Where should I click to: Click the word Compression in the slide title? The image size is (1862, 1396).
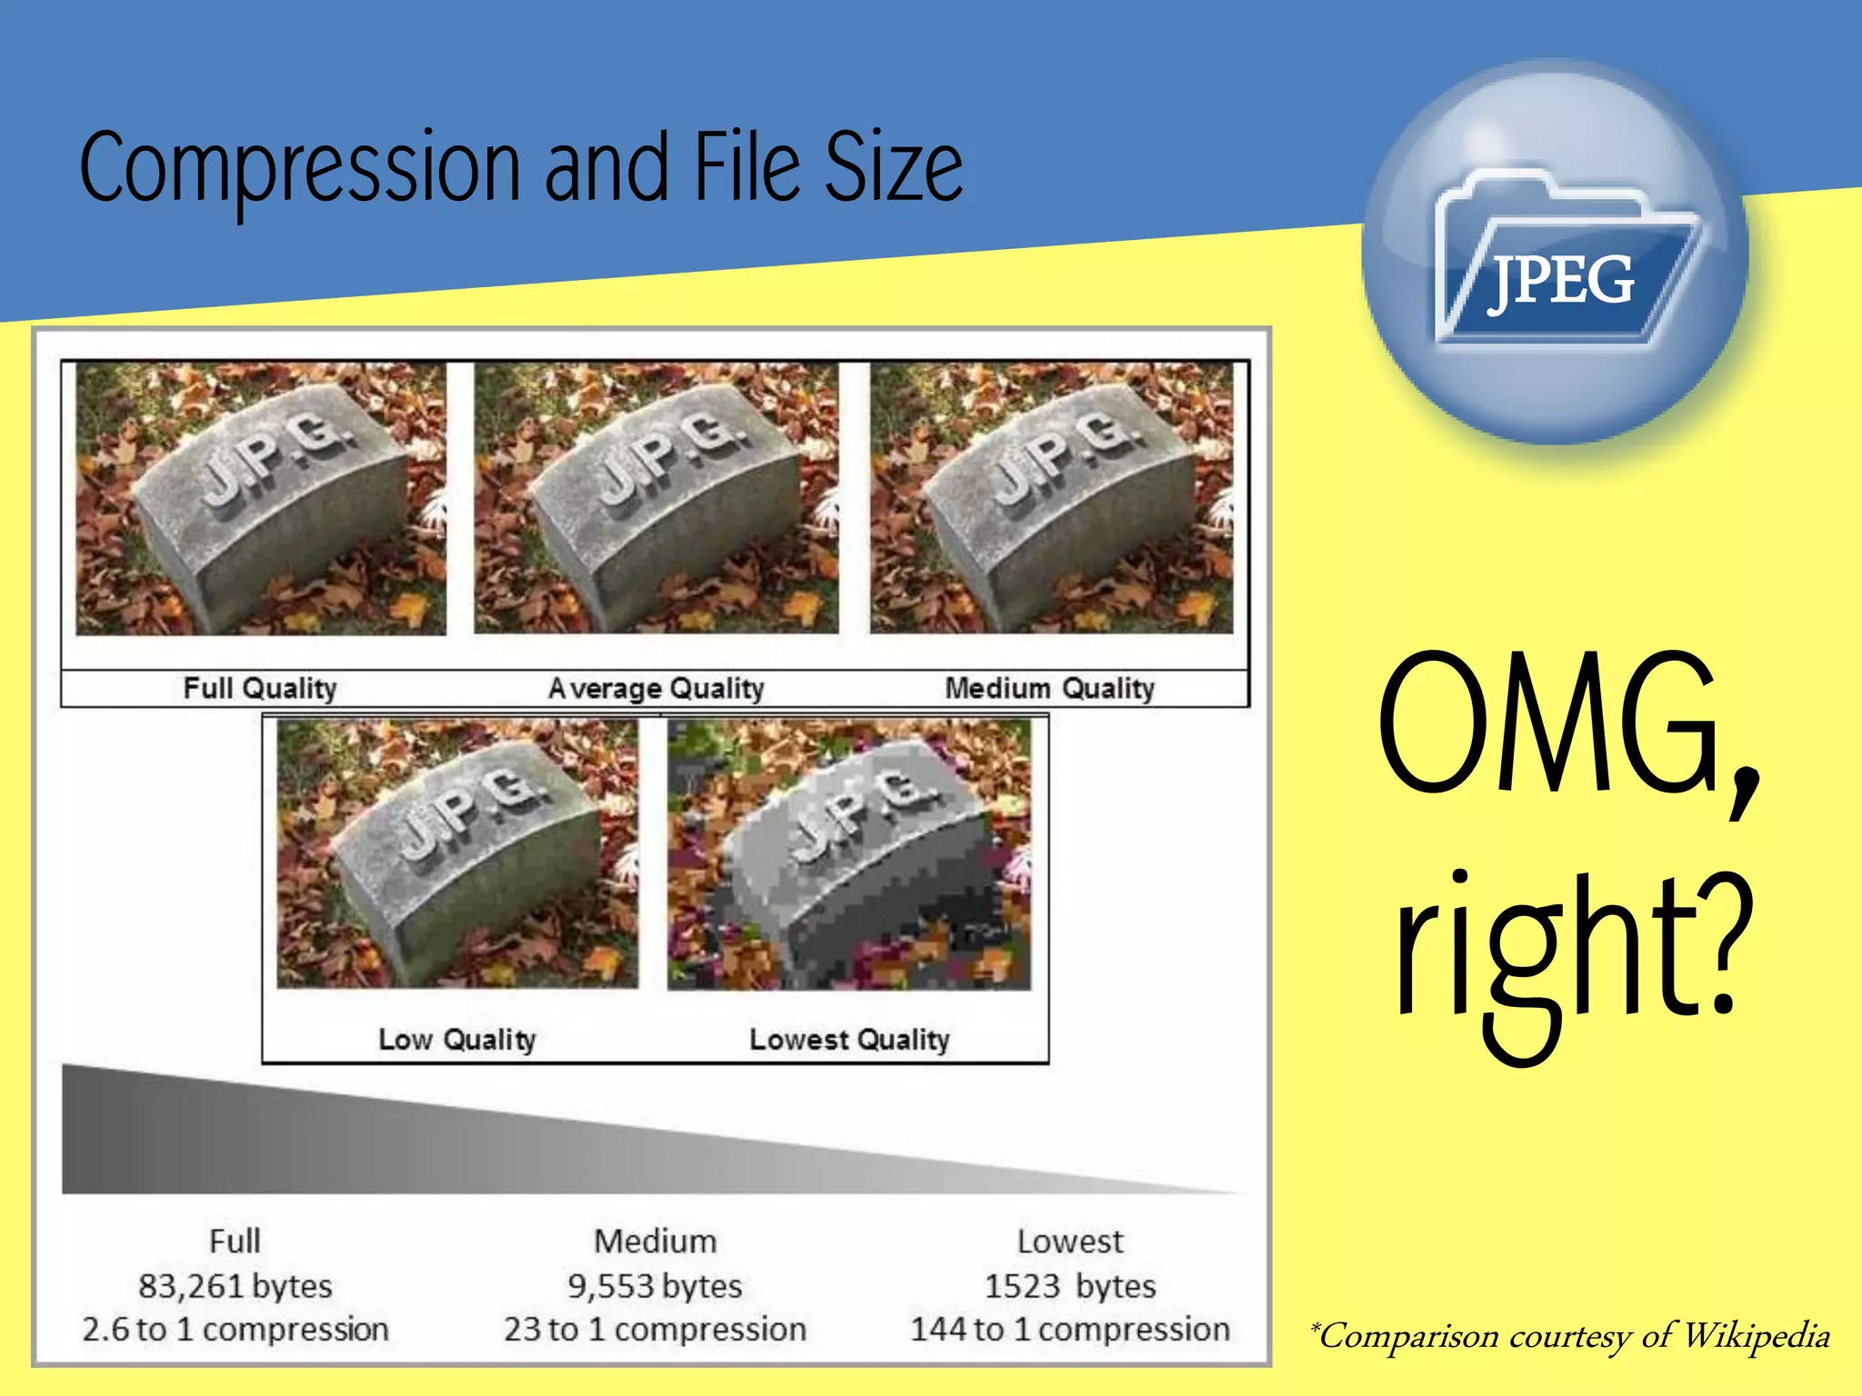click(x=300, y=168)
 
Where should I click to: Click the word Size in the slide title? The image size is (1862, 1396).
click(x=893, y=168)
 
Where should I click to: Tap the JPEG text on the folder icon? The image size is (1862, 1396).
click(x=1561, y=280)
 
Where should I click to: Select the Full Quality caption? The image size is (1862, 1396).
click(x=260, y=688)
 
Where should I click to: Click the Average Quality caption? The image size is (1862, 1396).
click(x=656, y=688)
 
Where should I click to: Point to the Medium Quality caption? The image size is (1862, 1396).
click(x=1049, y=688)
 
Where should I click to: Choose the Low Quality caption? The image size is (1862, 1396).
click(x=457, y=1039)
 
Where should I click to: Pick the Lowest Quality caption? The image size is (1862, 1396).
click(x=849, y=1039)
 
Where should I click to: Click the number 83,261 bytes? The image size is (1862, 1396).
click(x=235, y=1286)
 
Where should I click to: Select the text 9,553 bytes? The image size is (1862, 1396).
click(x=655, y=1286)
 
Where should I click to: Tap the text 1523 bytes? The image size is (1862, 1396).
click(x=1070, y=1286)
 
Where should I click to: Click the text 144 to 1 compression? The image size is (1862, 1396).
click(x=1070, y=1330)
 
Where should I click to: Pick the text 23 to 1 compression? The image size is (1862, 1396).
click(x=655, y=1330)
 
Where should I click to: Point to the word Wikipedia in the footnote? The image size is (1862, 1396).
click(x=1756, y=1335)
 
